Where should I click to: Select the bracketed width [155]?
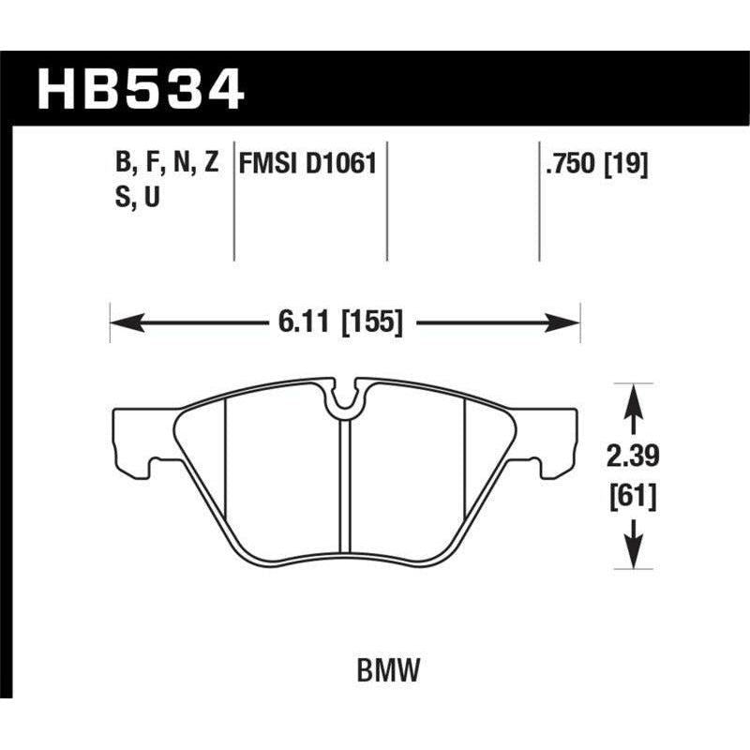(372, 323)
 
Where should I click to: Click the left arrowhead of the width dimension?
(122, 323)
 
